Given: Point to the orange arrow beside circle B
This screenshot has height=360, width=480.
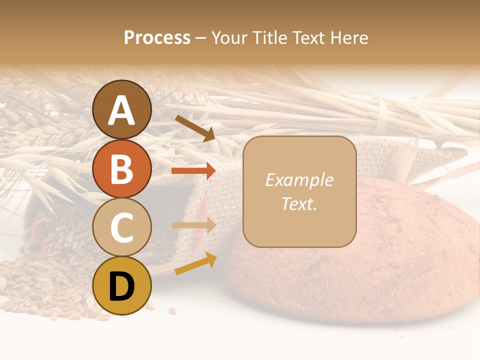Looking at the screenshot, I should [193, 171].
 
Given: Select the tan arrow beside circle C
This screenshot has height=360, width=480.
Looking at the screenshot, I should [194, 225].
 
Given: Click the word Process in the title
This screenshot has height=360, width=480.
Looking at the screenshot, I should [157, 37].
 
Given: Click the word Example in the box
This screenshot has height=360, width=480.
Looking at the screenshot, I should [299, 180].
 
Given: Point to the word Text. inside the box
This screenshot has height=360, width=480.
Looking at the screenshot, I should [299, 203].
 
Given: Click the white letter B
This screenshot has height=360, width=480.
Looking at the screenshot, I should [122, 169].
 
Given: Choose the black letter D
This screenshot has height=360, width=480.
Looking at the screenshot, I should [122, 286].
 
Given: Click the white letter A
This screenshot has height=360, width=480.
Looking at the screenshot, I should [122, 110].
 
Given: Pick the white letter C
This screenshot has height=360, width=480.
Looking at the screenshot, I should [122, 227].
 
